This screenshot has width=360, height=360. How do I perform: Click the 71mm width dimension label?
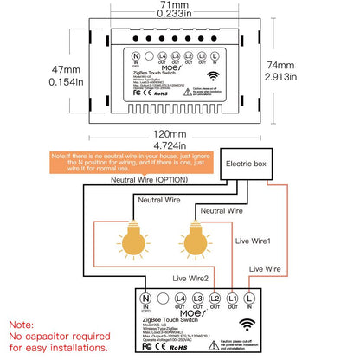coord(180,6)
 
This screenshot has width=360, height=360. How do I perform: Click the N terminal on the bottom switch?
coord(146,299)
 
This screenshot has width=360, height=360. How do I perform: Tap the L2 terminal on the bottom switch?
coord(215,299)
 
